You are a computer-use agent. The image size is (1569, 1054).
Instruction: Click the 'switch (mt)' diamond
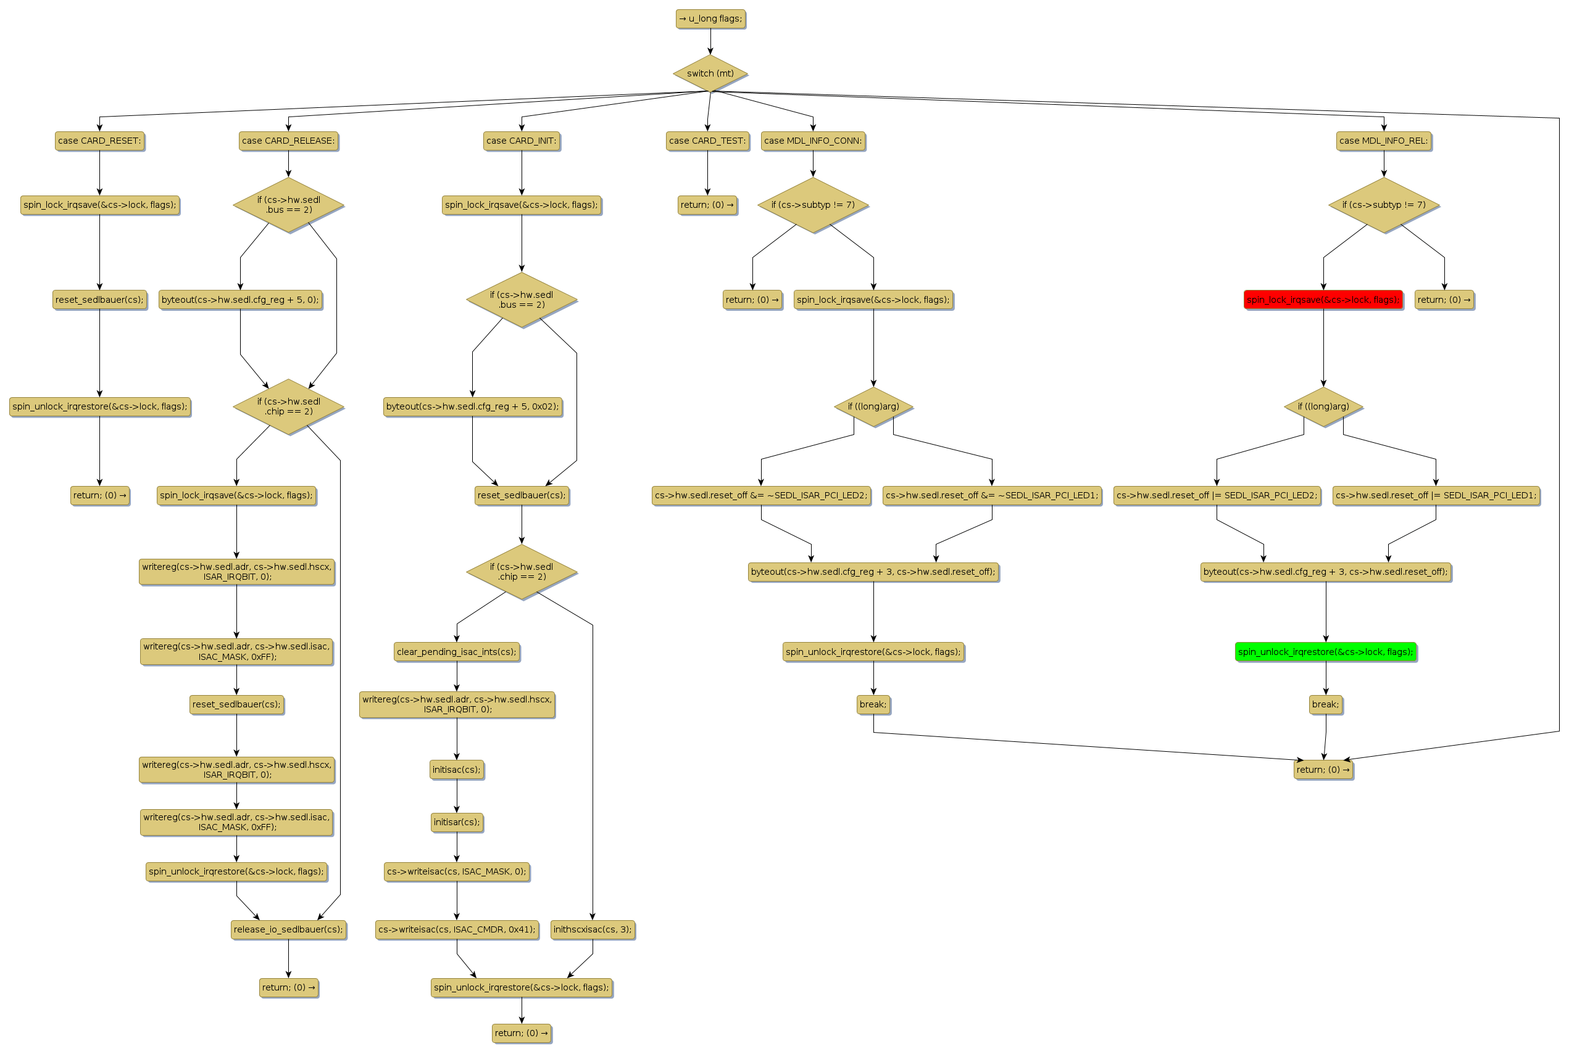coord(710,73)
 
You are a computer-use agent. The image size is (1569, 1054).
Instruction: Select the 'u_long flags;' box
coord(710,19)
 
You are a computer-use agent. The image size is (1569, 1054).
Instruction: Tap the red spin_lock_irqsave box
coord(1323,300)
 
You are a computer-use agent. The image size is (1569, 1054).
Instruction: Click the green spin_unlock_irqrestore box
coord(1326,652)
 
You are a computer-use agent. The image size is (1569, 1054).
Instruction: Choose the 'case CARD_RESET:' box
coord(99,141)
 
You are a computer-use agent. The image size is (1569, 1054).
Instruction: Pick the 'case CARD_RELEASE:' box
coord(288,141)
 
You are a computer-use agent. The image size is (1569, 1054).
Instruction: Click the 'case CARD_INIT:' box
coord(521,141)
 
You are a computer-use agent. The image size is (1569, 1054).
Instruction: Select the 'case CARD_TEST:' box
coord(707,141)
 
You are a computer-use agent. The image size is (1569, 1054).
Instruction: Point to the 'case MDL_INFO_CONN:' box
coord(813,141)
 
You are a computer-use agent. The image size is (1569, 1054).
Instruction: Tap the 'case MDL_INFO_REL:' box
coord(1383,141)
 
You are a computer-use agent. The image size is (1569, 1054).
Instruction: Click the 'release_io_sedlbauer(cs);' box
coord(288,929)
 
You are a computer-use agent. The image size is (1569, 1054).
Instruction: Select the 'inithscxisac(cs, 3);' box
coord(593,929)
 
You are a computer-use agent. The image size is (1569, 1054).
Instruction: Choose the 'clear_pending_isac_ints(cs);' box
coord(457,652)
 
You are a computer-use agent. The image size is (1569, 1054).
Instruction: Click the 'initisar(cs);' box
coord(457,822)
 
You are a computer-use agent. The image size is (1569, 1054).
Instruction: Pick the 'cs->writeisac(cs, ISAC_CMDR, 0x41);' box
coord(457,929)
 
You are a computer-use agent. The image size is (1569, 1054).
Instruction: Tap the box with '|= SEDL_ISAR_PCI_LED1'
coord(1436,496)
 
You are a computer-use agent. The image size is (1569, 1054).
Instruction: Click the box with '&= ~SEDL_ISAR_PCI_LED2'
coord(761,496)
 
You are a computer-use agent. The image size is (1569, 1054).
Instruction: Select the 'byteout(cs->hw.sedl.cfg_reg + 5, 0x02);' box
coord(472,406)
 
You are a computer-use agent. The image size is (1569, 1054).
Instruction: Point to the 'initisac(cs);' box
coord(457,770)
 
